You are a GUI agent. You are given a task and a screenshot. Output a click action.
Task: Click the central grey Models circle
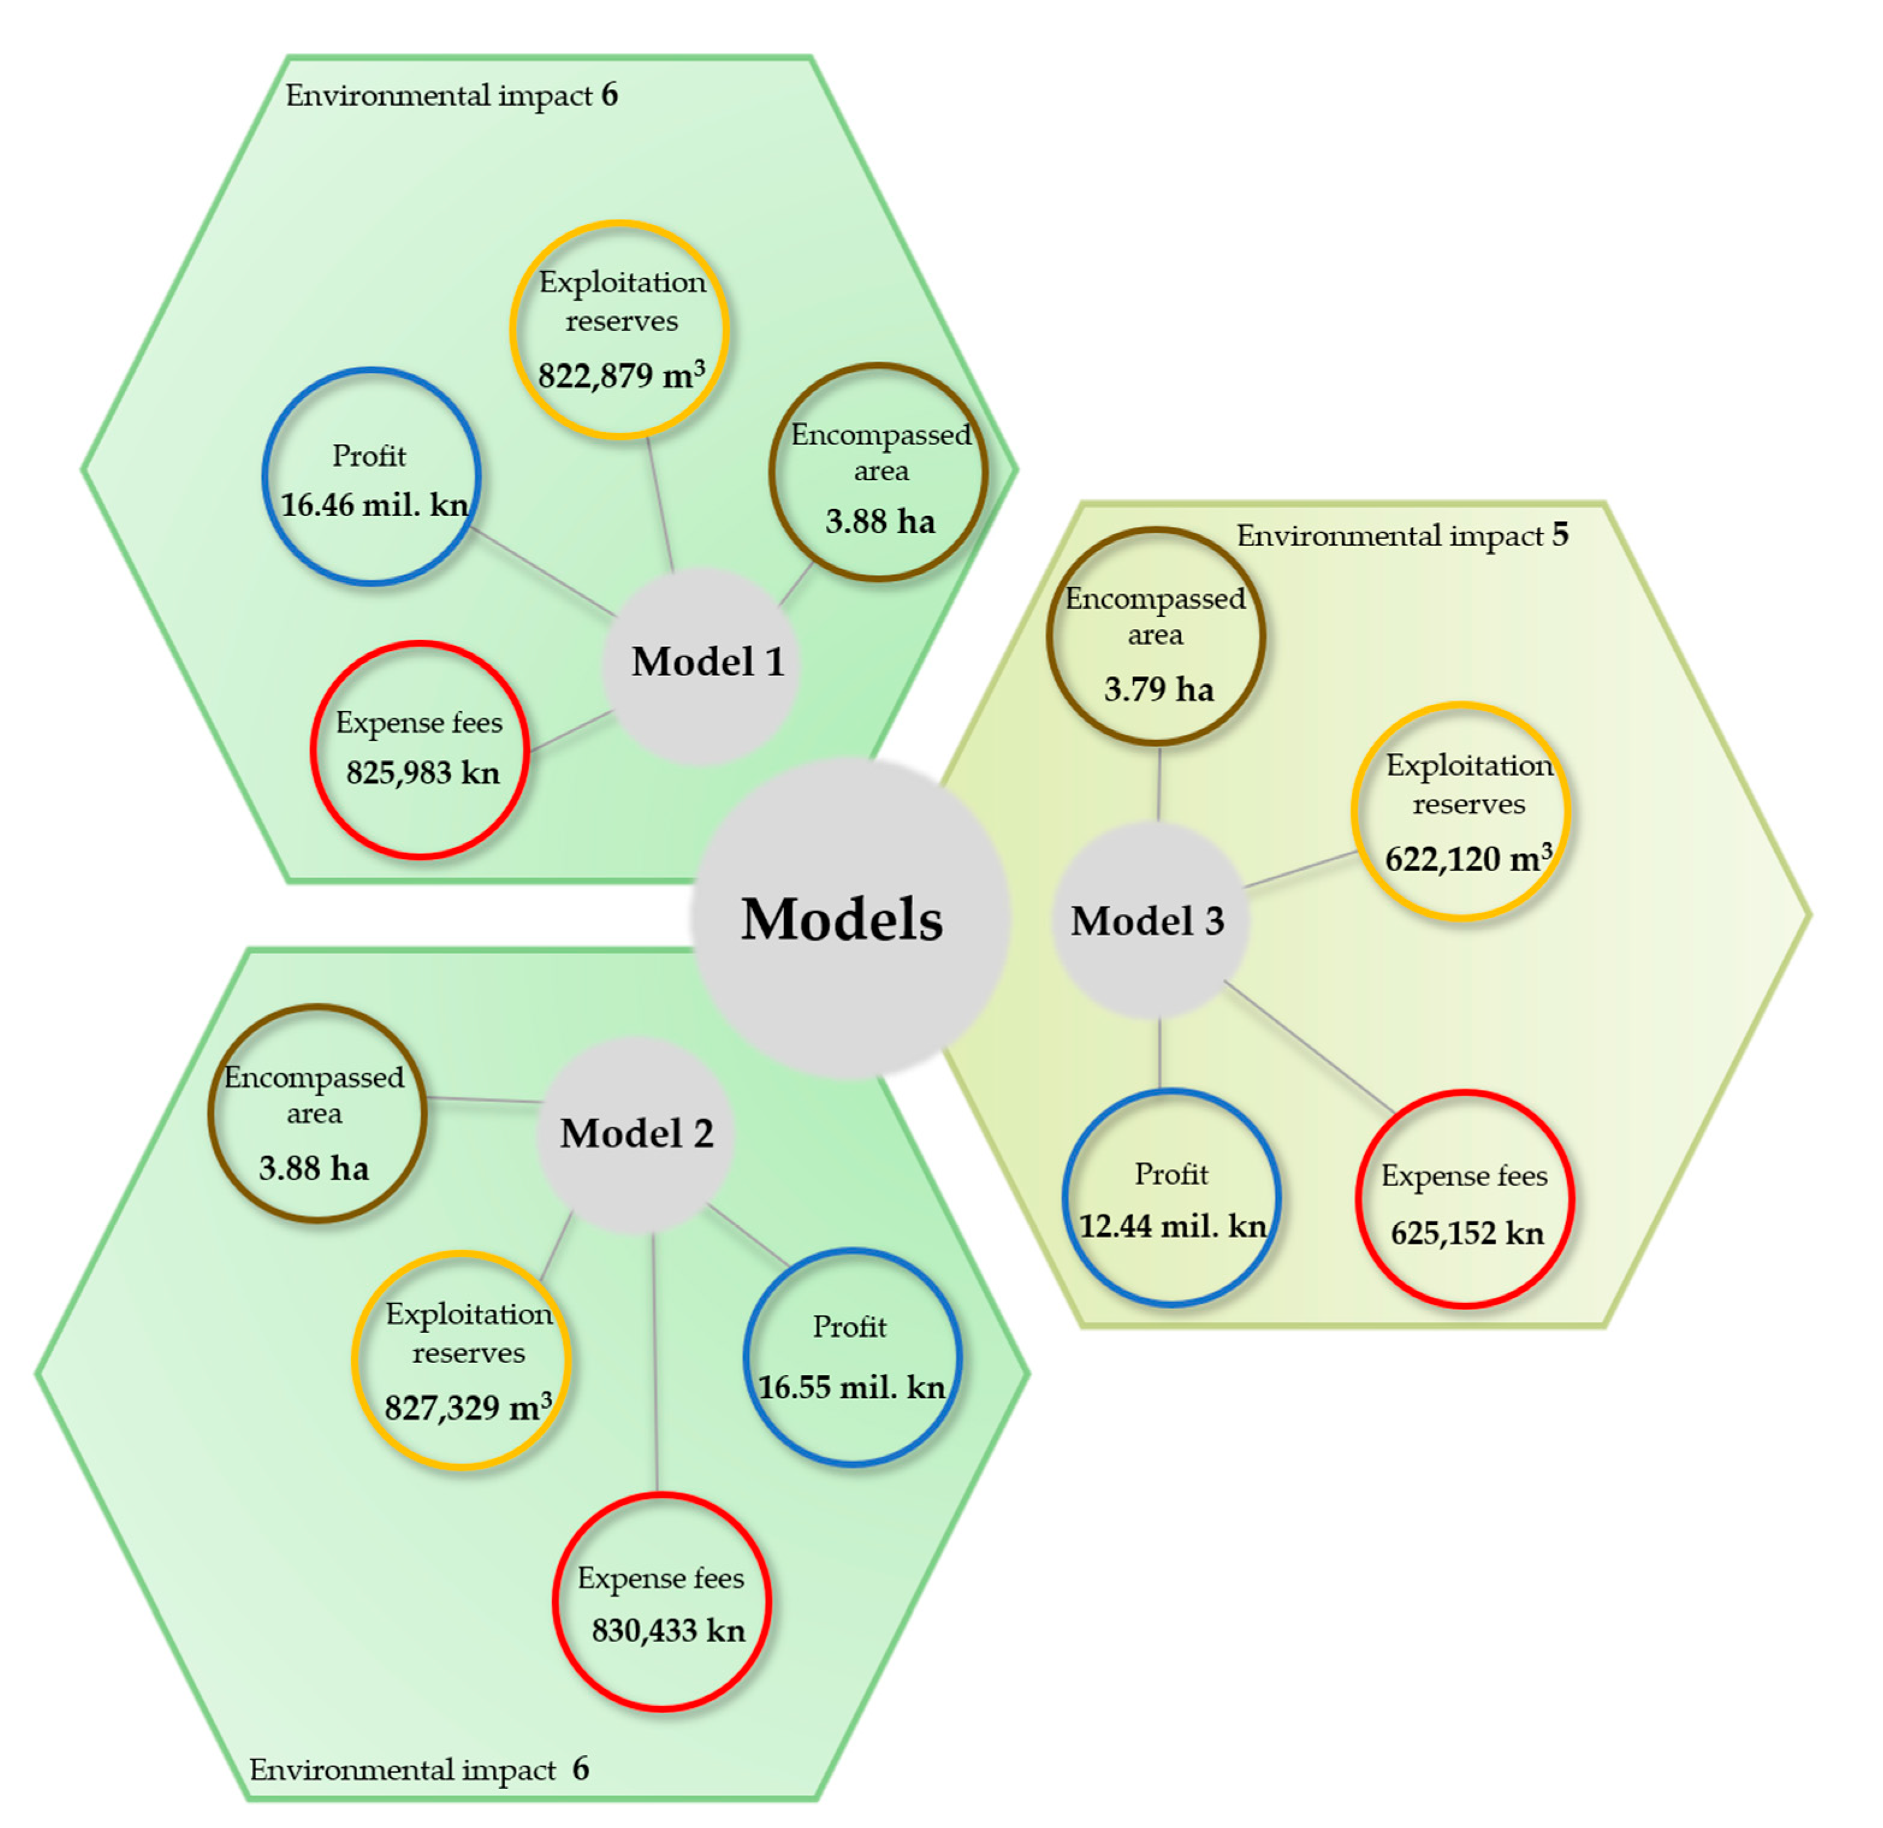pyautogui.click(x=849, y=918)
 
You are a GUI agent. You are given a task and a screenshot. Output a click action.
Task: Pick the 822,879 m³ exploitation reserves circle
pyautogui.click(x=619, y=330)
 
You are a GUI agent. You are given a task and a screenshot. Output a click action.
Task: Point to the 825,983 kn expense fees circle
pyautogui.click(x=420, y=749)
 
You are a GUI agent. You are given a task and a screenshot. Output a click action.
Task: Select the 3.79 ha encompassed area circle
pyautogui.click(x=1156, y=636)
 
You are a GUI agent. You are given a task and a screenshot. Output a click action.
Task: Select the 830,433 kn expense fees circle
pyautogui.click(x=662, y=1602)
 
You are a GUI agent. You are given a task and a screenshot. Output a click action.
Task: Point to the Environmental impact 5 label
pyautogui.click(x=1402, y=535)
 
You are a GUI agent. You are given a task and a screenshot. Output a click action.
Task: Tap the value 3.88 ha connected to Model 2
pyautogui.click(x=314, y=1169)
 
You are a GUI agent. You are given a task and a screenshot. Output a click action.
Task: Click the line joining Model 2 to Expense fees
pyautogui.click(x=655, y=1365)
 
